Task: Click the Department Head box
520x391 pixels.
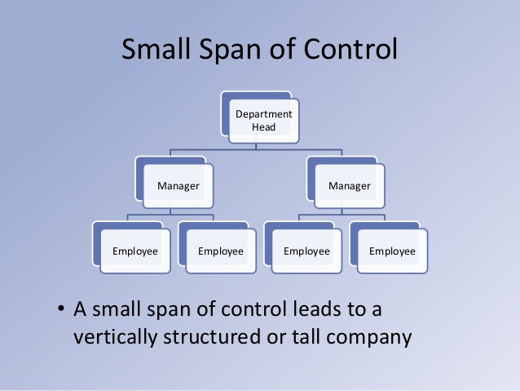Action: pyautogui.click(x=262, y=120)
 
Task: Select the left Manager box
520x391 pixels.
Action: pyautogui.click(x=178, y=186)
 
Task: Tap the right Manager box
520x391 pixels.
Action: pyautogui.click(x=350, y=186)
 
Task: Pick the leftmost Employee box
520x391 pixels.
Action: pyautogui.click(x=135, y=251)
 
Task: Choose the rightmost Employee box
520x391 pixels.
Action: pyautogui.click(x=391, y=251)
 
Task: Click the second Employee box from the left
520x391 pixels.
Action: pyautogui.click(x=221, y=251)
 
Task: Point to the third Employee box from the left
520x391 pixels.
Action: pyautogui.click(x=306, y=251)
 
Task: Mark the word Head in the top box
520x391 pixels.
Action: pyautogui.click(x=262, y=127)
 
